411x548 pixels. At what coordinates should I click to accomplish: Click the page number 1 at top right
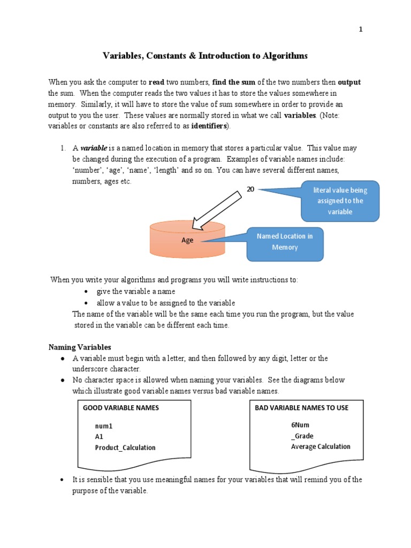361,29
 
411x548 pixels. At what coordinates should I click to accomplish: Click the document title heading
205,56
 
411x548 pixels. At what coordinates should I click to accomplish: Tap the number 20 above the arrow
250,189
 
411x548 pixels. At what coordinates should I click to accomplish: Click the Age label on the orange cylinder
187,240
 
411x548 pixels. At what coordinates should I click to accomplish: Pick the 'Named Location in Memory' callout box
285,242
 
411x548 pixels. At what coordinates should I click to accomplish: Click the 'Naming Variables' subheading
80,347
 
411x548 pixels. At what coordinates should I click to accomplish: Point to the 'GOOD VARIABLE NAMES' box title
121,408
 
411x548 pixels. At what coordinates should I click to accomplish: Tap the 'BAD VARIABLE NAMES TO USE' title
301,408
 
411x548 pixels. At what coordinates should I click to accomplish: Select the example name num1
104,427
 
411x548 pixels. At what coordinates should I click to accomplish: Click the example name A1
99,437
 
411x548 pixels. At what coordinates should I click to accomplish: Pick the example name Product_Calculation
125,447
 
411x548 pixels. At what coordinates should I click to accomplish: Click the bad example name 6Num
300,425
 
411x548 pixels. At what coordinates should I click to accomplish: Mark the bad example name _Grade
302,436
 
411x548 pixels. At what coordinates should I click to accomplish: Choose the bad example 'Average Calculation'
321,446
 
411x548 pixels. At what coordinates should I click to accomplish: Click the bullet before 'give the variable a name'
86,292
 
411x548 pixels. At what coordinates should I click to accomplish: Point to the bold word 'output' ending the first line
349,82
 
